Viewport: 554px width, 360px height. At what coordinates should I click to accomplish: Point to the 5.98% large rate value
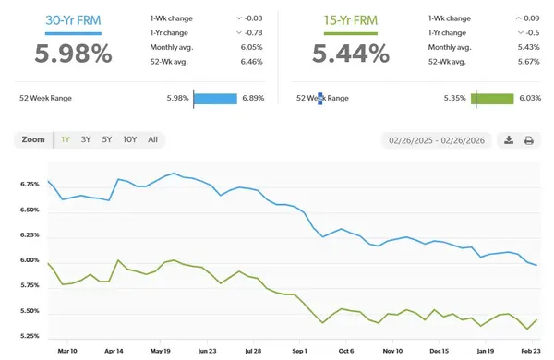click(x=73, y=54)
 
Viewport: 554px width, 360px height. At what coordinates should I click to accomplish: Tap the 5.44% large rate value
click(x=352, y=54)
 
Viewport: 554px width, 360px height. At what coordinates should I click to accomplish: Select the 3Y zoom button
click(x=86, y=139)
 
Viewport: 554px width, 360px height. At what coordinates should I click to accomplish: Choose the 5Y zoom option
click(x=107, y=139)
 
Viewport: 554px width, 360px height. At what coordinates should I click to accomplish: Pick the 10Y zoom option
click(x=130, y=139)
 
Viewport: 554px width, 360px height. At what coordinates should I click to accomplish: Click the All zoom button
click(x=152, y=139)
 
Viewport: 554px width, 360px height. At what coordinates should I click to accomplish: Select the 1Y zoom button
click(x=65, y=139)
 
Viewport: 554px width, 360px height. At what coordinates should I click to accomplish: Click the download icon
click(x=509, y=140)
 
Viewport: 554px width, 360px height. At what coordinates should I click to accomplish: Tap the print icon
click(x=529, y=140)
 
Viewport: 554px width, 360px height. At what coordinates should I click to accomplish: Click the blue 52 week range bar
click(x=215, y=98)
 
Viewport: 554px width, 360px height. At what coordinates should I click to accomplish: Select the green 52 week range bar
click(x=492, y=98)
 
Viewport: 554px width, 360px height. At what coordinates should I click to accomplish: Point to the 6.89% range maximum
click(x=252, y=98)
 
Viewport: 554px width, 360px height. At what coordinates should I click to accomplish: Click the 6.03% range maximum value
click(x=530, y=98)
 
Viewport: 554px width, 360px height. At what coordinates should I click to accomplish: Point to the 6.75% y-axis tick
click(x=29, y=185)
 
